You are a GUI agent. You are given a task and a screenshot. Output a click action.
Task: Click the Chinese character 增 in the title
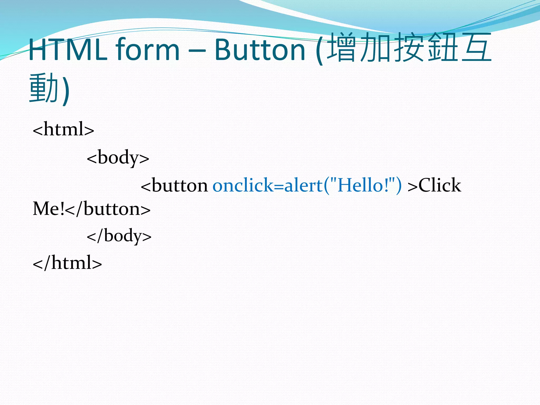[343, 47]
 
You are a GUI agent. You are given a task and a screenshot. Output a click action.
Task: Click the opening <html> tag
[63, 129]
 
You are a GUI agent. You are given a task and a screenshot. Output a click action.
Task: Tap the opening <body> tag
[118, 157]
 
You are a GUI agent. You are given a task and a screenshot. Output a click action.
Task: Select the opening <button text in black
[174, 185]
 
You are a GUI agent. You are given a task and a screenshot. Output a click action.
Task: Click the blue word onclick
[243, 185]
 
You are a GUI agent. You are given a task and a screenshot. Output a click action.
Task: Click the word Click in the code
[440, 185]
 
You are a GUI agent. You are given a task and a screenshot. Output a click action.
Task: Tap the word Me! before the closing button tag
[49, 209]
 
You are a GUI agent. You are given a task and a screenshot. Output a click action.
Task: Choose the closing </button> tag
[108, 209]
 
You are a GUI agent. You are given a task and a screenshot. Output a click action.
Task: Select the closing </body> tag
[119, 235]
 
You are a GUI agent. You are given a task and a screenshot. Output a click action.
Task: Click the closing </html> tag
[67, 263]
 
